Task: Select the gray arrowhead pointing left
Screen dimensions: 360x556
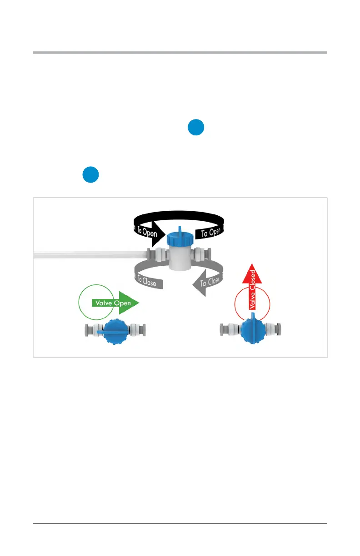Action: (x=199, y=285)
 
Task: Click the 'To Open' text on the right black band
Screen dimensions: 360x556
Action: (x=211, y=233)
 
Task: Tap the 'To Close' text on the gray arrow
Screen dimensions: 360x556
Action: (x=210, y=282)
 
